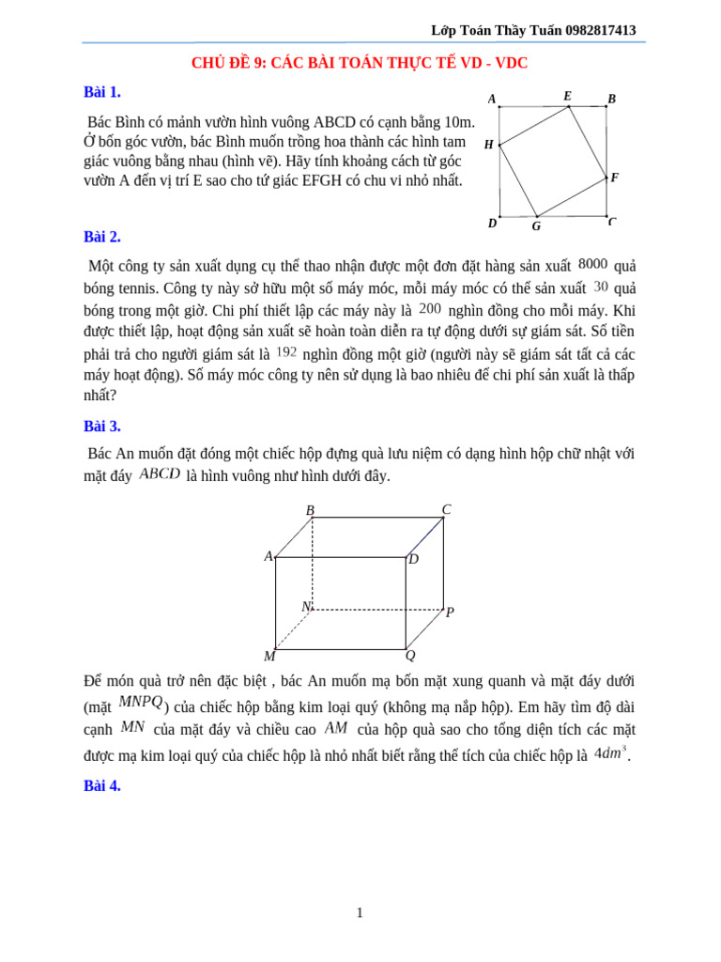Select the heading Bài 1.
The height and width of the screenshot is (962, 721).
click(102, 92)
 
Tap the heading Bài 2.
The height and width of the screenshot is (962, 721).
click(102, 237)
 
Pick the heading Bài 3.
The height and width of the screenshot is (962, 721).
click(102, 426)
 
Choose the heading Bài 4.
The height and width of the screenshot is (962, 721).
click(102, 786)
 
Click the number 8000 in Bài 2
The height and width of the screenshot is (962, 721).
click(593, 264)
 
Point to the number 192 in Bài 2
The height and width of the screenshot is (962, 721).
click(286, 351)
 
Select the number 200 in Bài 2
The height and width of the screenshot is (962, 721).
click(430, 308)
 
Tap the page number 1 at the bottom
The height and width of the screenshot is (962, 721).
click(360, 912)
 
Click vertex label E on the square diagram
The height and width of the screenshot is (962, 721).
click(567, 96)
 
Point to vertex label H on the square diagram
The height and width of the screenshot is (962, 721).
click(488, 145)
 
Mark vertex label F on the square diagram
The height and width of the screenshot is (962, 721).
click(614, 178)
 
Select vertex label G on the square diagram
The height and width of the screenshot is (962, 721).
click(536, 226)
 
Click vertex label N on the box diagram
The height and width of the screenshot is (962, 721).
click(305, 607)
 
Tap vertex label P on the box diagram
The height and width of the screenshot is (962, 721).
click(450, 613)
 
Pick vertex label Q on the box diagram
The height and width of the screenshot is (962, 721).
click(410, 655)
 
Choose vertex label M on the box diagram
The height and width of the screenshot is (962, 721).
click(269, 656)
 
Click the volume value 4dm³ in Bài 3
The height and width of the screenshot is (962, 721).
click(610, 753)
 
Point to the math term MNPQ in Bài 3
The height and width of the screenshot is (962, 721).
click(141, 702)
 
